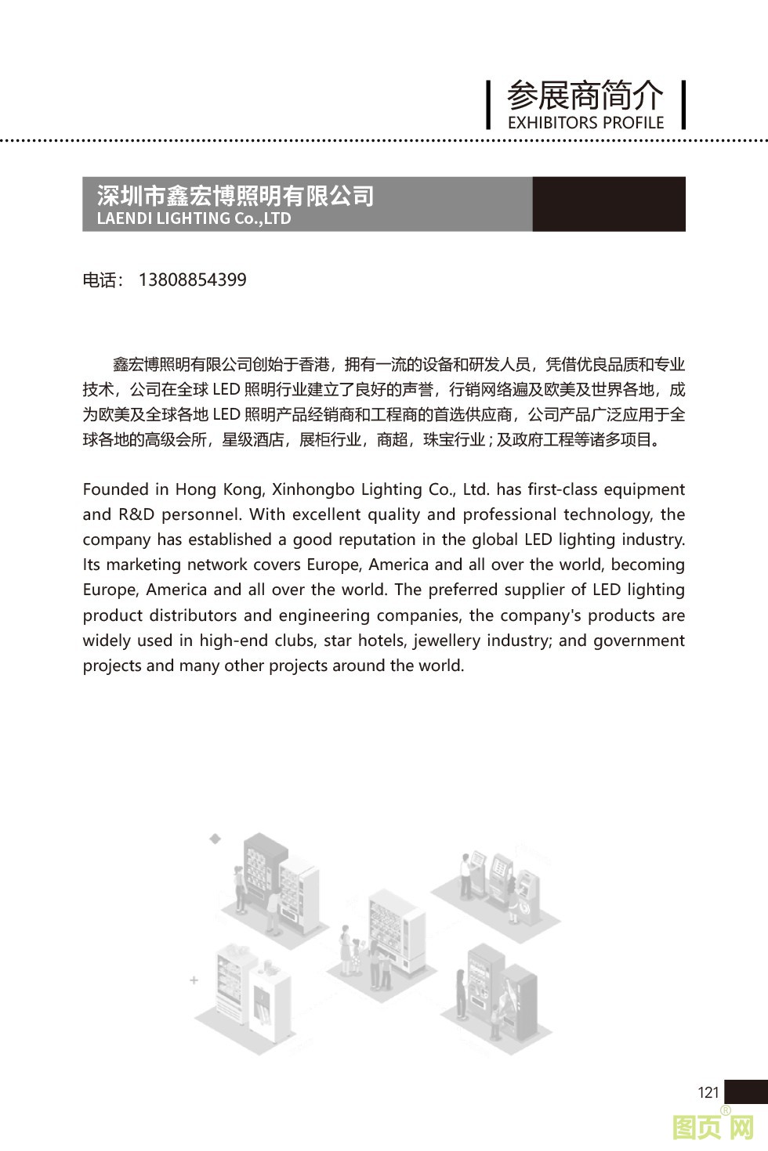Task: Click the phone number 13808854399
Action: click(x=192, y=280)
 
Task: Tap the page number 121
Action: click(x=708, y=1092)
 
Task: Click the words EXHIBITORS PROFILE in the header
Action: click(x=585, y=123)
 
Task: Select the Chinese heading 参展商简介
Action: click(x=585, y=96)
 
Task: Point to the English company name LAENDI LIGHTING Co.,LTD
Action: click(x=194, y=218)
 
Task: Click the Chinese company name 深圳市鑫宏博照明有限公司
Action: click(x=235, y=196)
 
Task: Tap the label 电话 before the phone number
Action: click(x=100, y=280)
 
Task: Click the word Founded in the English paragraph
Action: click(x=117, y=489)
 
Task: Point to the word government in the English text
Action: click(x=639, y=640)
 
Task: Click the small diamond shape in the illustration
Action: click(x=215, y=839)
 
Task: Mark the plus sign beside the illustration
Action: click(x=194, y=980)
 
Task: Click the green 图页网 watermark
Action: click(x=713, y=1128)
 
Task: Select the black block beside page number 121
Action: click(x=745, y=1091)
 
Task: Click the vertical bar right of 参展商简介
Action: click(x=684, y=104)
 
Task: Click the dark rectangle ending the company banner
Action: click(x=608, y=204)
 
